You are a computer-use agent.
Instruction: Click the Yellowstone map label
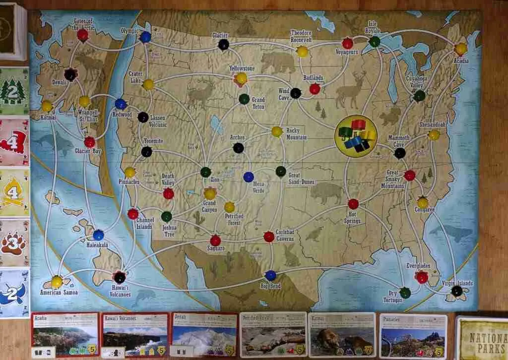(242, 68)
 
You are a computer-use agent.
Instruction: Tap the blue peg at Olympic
(145, 37)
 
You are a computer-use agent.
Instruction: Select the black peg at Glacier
(224, 45)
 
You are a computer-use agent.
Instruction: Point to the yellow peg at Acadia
(461, 49)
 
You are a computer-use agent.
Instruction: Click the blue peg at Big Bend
(270, 275)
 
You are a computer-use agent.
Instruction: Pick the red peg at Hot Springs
(353, 204)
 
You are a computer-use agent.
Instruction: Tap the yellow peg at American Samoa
(57, 282)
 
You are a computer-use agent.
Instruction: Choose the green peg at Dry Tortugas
(405, 292)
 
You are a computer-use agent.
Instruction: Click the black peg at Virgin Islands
(457, 291)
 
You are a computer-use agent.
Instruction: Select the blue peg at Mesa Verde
(249, 177)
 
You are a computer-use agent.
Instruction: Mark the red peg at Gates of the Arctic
(82, 35)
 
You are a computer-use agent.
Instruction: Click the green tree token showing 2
(14, 91)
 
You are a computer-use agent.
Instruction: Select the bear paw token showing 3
(14, 242)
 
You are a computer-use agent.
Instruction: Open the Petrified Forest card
(273, 334)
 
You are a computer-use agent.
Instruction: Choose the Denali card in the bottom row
(204, 334)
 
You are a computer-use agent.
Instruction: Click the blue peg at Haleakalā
(98, 235)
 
